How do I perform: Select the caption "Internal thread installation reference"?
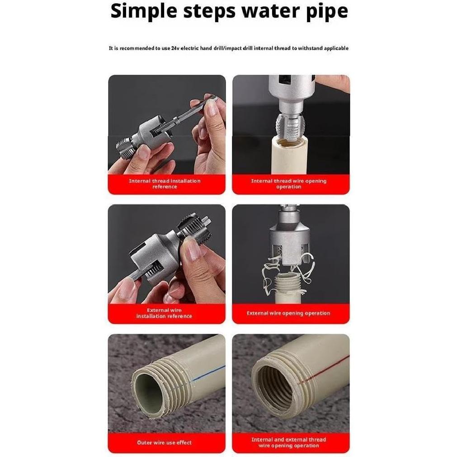click(165, 184)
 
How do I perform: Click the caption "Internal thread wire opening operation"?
click(288, 184)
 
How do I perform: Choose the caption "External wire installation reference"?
click(164, 313)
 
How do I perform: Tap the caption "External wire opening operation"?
click(288, 313)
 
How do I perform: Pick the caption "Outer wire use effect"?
click(164, 443)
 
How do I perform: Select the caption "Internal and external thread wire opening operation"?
click(288, 443)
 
